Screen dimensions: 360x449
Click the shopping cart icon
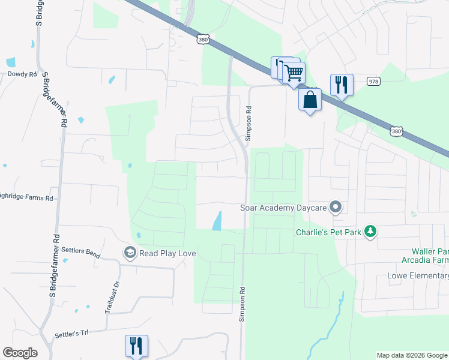pyautogui.click(x=293, y=73)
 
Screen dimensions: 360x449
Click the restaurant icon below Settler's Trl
pyautogui.click(x=136, y=346)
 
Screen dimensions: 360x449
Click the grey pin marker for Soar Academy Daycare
pyautogui.click(x=336, y=208)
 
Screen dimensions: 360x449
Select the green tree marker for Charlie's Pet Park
pyautogui.click(x=371, y=232)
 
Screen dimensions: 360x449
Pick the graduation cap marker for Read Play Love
pyautogui.click(x=129, y=253)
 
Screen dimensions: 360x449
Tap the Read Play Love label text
pyautogui.click(x=167, y=253)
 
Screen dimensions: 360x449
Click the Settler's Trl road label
pyautogui.click(x=71, y=333)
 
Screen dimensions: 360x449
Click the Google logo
pyautogui.click(x=20, y=353)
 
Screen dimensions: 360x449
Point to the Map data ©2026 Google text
pyautogui.click(x=411, y=355)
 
